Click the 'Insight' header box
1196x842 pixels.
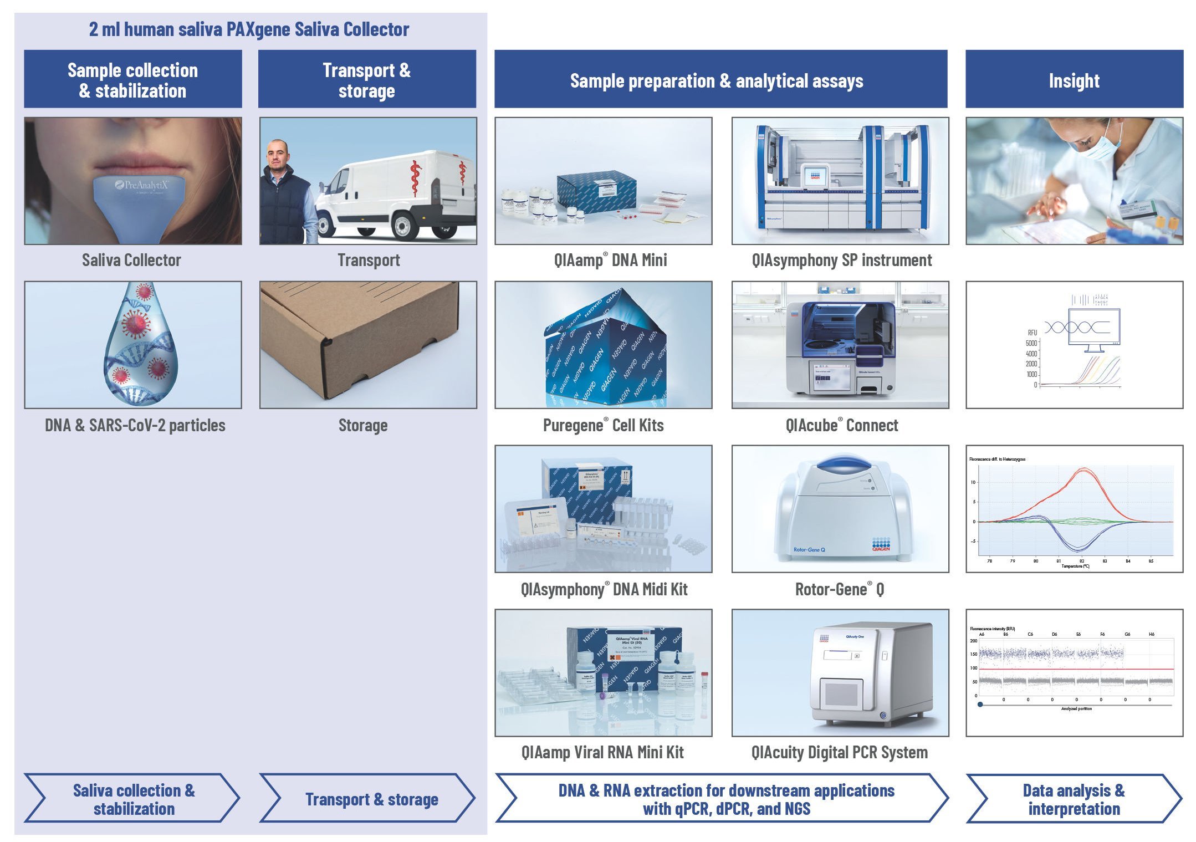click(x=1074, y=79)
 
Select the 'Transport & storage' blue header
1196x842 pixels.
click(x=367, y=79)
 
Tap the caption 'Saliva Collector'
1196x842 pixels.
click(x=131, y=260)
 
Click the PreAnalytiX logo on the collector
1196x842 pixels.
click(x=141, y=185)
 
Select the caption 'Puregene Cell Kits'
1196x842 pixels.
click(x=603, y=425)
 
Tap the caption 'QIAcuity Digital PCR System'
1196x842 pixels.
click(x=839, y=752)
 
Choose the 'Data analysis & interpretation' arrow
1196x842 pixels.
click(x=1074, y=799)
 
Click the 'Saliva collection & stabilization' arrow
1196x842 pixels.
click(x=133, y=799)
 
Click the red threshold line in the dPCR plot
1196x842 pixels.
click(x=1075, y=669)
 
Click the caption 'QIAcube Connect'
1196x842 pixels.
click(x=841, y=425)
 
